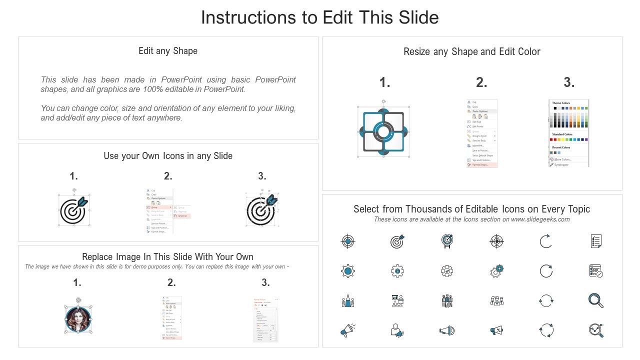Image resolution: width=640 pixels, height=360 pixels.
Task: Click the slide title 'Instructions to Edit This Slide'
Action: point(319,17)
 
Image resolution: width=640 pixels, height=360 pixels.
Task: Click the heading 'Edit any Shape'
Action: point(168,51)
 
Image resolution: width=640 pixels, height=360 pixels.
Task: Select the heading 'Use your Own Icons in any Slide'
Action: point(168,156)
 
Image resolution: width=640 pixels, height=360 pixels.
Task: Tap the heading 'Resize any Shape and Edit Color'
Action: point(472,51)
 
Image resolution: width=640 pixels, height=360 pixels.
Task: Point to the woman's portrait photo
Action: point(78,319)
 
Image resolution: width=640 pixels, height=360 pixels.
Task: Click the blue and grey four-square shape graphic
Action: point(383,132)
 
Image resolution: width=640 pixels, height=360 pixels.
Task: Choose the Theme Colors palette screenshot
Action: point(569,133)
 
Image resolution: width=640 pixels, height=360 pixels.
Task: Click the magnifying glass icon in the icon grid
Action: point(595,300)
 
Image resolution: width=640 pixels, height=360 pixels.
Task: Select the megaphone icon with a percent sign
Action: point(496,330)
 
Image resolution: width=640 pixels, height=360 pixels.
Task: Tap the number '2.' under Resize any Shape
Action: point(481,83)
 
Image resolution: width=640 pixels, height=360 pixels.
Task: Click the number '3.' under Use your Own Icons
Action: point(262,176)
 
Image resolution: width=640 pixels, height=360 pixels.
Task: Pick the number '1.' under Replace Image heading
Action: point(77,283)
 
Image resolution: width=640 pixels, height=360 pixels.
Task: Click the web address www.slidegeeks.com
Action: point(540,219)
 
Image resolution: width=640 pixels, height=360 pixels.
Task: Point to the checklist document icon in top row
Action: point(595,241)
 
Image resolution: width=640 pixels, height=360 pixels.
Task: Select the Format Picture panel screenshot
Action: point(265,320)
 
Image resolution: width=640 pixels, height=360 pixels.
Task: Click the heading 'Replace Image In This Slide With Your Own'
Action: point(168,257)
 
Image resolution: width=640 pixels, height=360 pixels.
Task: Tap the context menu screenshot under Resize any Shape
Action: point(481,133)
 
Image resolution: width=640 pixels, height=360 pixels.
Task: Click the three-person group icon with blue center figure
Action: point(348,301)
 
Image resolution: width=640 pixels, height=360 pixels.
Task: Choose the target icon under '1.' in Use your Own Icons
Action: point(73,210)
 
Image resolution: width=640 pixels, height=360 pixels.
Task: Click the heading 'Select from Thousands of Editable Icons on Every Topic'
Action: point(471,209)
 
